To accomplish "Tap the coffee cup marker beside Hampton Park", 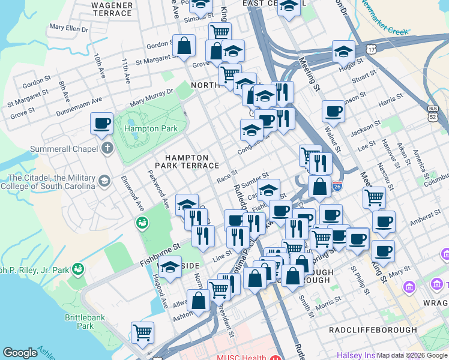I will pos(101,123).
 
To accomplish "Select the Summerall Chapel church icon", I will pos(107,148).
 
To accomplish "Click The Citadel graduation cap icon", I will pos(104,180).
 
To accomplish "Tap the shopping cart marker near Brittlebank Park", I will pos(142,332).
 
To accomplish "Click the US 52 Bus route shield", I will pos(432,113).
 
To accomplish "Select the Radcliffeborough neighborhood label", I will pos(373,329).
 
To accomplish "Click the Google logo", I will pos(20,353).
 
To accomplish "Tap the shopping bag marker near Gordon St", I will pos(183,44).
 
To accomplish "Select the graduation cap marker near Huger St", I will pos(343,52).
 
